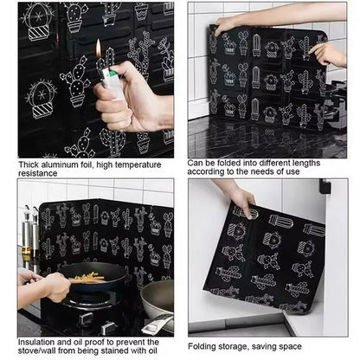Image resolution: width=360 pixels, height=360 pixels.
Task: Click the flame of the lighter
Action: (x=99, y=47)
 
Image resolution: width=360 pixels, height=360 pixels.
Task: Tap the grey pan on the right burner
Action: (x=157, y=298)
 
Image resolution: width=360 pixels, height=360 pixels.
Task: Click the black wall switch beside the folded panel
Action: (x=325, y=186)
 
